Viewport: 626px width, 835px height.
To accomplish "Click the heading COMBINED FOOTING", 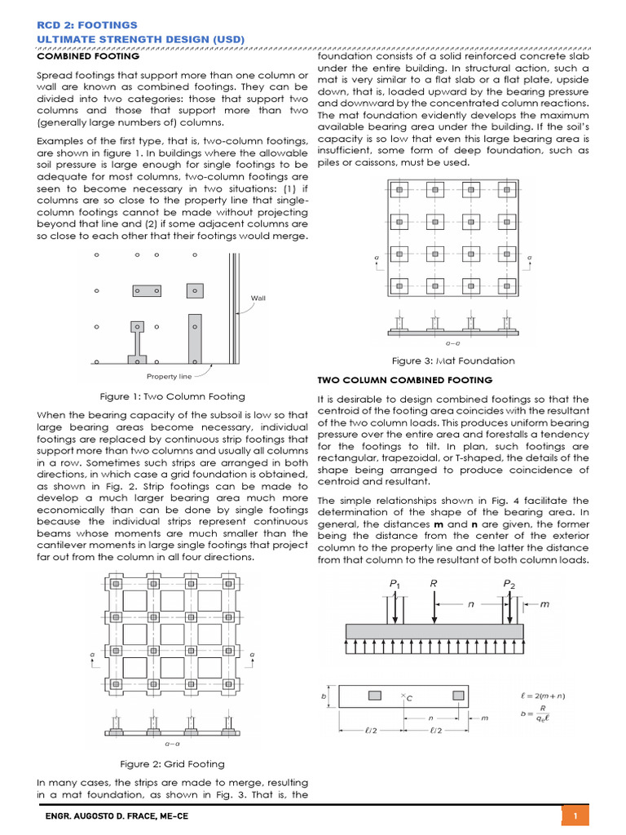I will [88, 56].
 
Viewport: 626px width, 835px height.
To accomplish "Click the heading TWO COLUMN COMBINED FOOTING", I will [403, 380].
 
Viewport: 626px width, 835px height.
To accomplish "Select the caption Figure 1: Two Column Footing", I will [172, 396].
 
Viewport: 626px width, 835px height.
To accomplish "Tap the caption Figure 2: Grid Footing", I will [172, 764].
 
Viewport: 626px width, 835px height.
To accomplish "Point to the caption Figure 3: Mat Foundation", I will [453, 360].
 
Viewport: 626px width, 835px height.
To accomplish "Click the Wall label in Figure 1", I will [258, 298].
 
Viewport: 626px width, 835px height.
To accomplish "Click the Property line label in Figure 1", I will [169, 376].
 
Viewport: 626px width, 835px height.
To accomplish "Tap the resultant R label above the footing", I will [434, 584].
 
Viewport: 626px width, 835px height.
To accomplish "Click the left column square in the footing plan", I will [374, 696].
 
